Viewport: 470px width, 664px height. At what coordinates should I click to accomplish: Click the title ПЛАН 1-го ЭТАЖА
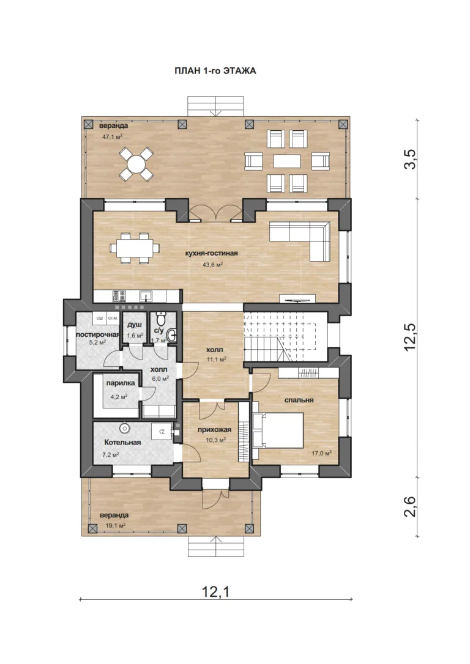click(x=215, y=71)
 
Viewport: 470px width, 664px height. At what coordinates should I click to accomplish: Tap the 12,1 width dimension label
click(x=215, y=592)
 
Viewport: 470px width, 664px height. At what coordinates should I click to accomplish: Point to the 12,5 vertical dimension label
click(x=410, y=337)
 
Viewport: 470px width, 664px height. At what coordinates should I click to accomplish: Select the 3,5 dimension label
click(x=410, y=159)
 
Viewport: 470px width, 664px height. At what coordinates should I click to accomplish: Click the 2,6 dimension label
click(x=410, y=506)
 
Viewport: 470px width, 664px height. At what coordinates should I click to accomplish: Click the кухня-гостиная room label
click(x=212, y=253)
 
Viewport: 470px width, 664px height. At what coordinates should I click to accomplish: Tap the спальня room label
click(x=299, y=400)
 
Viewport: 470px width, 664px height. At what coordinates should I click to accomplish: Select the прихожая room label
click(x=214, y=430)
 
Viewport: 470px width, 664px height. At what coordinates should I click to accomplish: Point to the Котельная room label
click(x=122, y=443)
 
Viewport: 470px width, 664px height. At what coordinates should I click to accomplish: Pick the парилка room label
click(x=121, y=383)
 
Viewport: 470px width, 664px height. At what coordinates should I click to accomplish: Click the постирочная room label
click(x=97, y=334)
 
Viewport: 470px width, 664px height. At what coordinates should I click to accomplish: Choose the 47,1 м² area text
click(x=113, y=137)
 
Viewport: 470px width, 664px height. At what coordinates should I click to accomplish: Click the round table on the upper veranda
click(x=136, y=164)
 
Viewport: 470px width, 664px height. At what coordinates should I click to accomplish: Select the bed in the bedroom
click(x=278, y=430)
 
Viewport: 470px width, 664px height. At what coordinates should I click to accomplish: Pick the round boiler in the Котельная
click(x=125, y=429)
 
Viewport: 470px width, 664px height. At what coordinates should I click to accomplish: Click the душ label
click(x=135, y=325)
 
